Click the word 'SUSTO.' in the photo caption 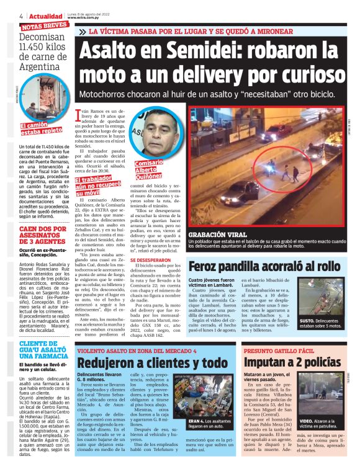(x=309, y=320)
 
